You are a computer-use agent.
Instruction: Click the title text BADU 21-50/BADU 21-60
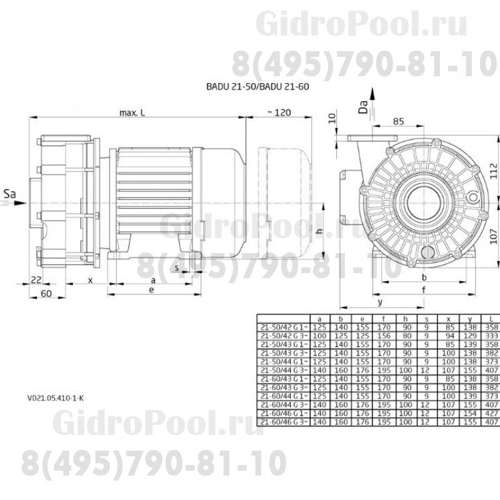click(257, 88)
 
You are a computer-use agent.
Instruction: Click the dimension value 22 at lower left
click(36, 281)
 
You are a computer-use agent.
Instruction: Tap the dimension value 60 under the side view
click(46, 293)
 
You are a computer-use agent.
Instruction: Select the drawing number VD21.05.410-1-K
click(55, 395)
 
